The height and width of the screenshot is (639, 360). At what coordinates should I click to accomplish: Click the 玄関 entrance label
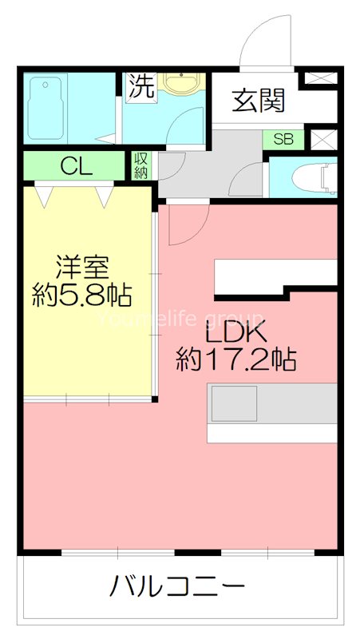click(258, 101)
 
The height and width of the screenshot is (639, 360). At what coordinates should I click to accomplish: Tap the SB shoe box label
click(283, 138)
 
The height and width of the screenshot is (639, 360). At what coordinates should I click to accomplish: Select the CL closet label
click(77, 167)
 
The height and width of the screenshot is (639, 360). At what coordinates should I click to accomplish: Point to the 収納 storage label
click(140, 165)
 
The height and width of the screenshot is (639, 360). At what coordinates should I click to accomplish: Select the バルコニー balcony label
click(177, 589)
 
